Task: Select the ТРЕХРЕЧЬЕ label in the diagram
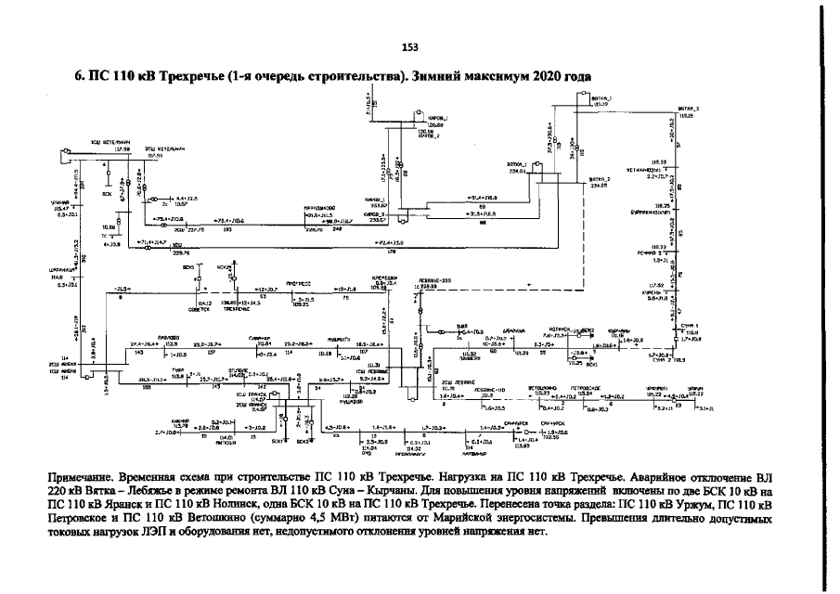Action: click(249, 309)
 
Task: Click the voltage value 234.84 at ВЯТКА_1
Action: click(516, 172)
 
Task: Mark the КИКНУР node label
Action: click(168, 421)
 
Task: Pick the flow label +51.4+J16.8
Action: click(479, 198)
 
